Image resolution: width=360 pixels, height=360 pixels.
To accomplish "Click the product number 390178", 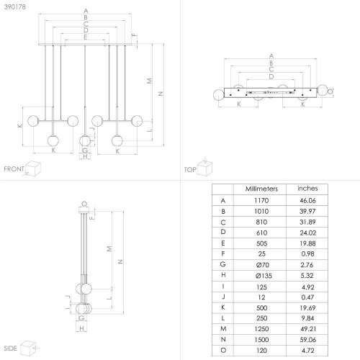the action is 15,7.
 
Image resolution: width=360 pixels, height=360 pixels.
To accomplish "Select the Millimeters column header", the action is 261,189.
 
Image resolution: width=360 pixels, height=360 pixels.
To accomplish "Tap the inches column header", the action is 307,189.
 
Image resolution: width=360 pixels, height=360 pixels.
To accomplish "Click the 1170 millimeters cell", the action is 261,200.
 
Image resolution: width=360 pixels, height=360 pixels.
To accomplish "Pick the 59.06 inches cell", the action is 307,340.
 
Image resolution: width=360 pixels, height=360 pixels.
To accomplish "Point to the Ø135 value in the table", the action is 264,276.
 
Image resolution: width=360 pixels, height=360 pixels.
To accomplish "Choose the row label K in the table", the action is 223,307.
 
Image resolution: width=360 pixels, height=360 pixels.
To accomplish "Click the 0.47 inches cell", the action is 307,297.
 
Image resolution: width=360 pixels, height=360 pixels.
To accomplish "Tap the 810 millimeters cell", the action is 261,222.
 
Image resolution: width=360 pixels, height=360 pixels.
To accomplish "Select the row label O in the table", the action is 223,350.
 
